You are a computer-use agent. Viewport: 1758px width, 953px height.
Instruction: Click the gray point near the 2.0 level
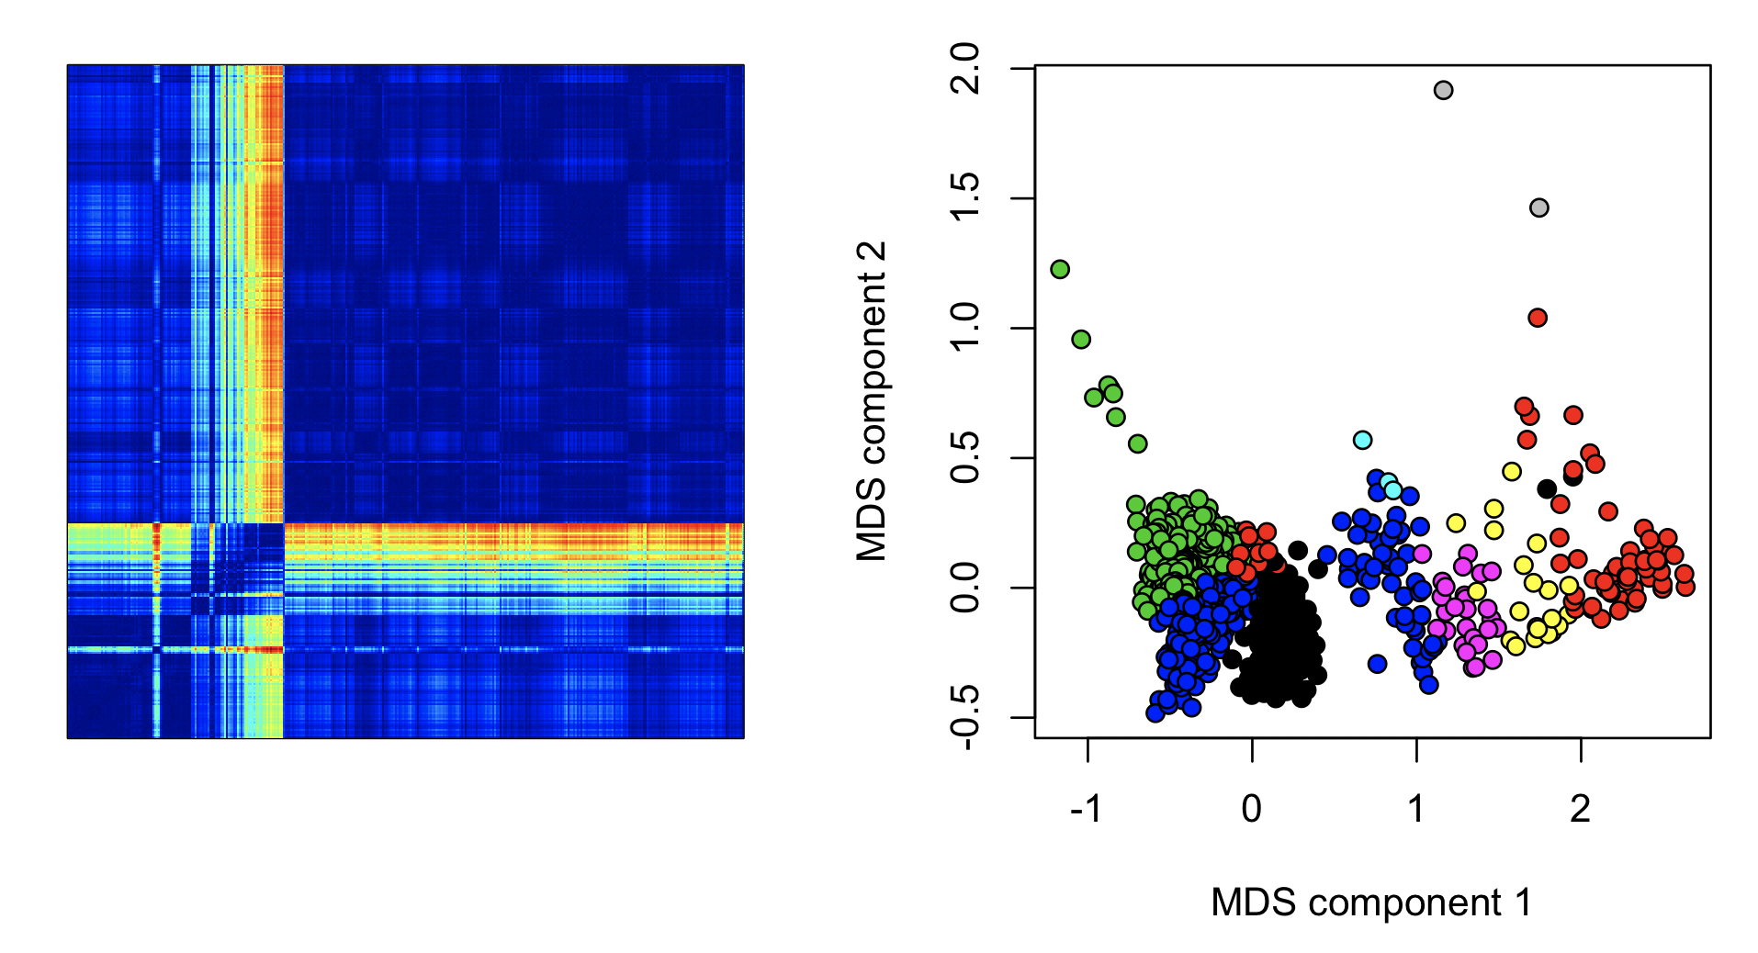(1443, 90)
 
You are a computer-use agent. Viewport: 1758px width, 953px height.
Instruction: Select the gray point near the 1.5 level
(1539, 207)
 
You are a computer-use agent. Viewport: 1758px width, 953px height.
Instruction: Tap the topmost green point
(1060, 269)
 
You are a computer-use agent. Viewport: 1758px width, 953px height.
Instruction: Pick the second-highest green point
(1081, 340)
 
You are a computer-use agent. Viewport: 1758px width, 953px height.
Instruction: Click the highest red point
(1538, 318)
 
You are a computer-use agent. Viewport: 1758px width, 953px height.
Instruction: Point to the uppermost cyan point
(1363, 440)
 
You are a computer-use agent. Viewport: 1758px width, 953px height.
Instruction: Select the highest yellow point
(1512, 472)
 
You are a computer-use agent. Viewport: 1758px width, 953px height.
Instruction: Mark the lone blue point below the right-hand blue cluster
(1377, 664)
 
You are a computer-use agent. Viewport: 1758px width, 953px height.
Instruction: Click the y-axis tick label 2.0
(965, 69)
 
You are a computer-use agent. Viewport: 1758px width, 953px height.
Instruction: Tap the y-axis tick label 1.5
(965, 198)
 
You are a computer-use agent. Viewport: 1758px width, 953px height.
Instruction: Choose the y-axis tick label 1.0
(965, 328)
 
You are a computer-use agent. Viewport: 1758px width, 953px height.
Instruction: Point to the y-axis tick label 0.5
(965, 457)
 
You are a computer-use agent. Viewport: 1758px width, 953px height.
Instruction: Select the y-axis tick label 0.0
(965, 588)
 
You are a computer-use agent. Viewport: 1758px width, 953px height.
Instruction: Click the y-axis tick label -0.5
(965, 718)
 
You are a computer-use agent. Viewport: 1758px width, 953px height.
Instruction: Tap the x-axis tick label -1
(1087, 809)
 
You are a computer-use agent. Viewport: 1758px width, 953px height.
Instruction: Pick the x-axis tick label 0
(1252, 809)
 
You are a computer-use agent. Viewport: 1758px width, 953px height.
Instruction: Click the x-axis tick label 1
(1416, 809)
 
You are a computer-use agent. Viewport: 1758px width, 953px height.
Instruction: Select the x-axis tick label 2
(1581, 809)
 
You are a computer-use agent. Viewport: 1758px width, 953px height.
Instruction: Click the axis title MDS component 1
(1371, 903)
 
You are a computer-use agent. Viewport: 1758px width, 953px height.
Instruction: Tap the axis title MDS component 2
(871, 401)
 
